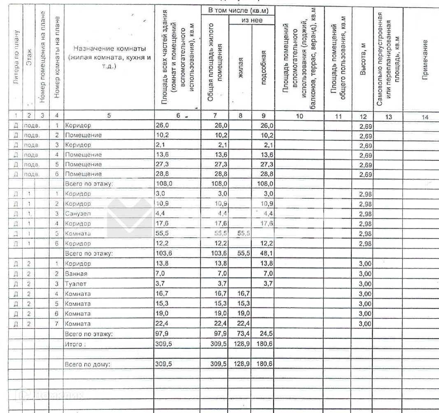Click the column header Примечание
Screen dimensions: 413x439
tap(425, 59)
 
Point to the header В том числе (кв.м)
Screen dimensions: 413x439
tap(237, 9)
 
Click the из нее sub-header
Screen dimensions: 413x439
tap(252, 20)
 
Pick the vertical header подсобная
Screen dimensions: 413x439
tap(264, 67)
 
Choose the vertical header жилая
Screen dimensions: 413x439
tap(241, 67)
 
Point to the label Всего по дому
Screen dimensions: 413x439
tap(88, 364)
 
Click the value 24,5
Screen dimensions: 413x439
tap(265, 334)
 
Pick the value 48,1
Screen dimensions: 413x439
tap(265, 254)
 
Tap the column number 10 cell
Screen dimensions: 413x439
tap(300, 116)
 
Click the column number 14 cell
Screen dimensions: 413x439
tap(425, 117)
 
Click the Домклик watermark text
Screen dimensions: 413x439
tap(58, 395)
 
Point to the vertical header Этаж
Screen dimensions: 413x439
tap(29, 62)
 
